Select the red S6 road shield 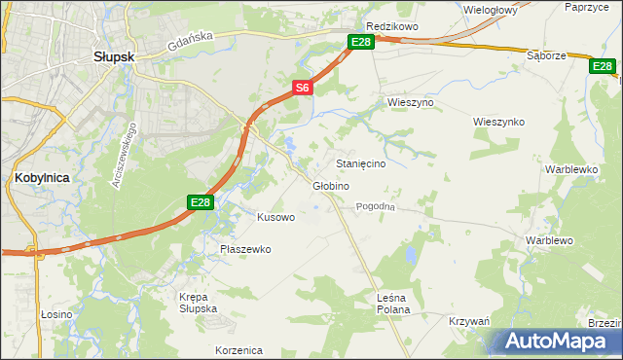click(303, 88)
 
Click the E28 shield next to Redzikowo click(361, 42)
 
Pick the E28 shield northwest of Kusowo click(200, 202)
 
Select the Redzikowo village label click(391, 26)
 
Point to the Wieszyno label click(410, 102)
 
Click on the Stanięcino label click(360, 164)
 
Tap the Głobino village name click(330, 186)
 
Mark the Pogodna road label click(375, 206)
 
